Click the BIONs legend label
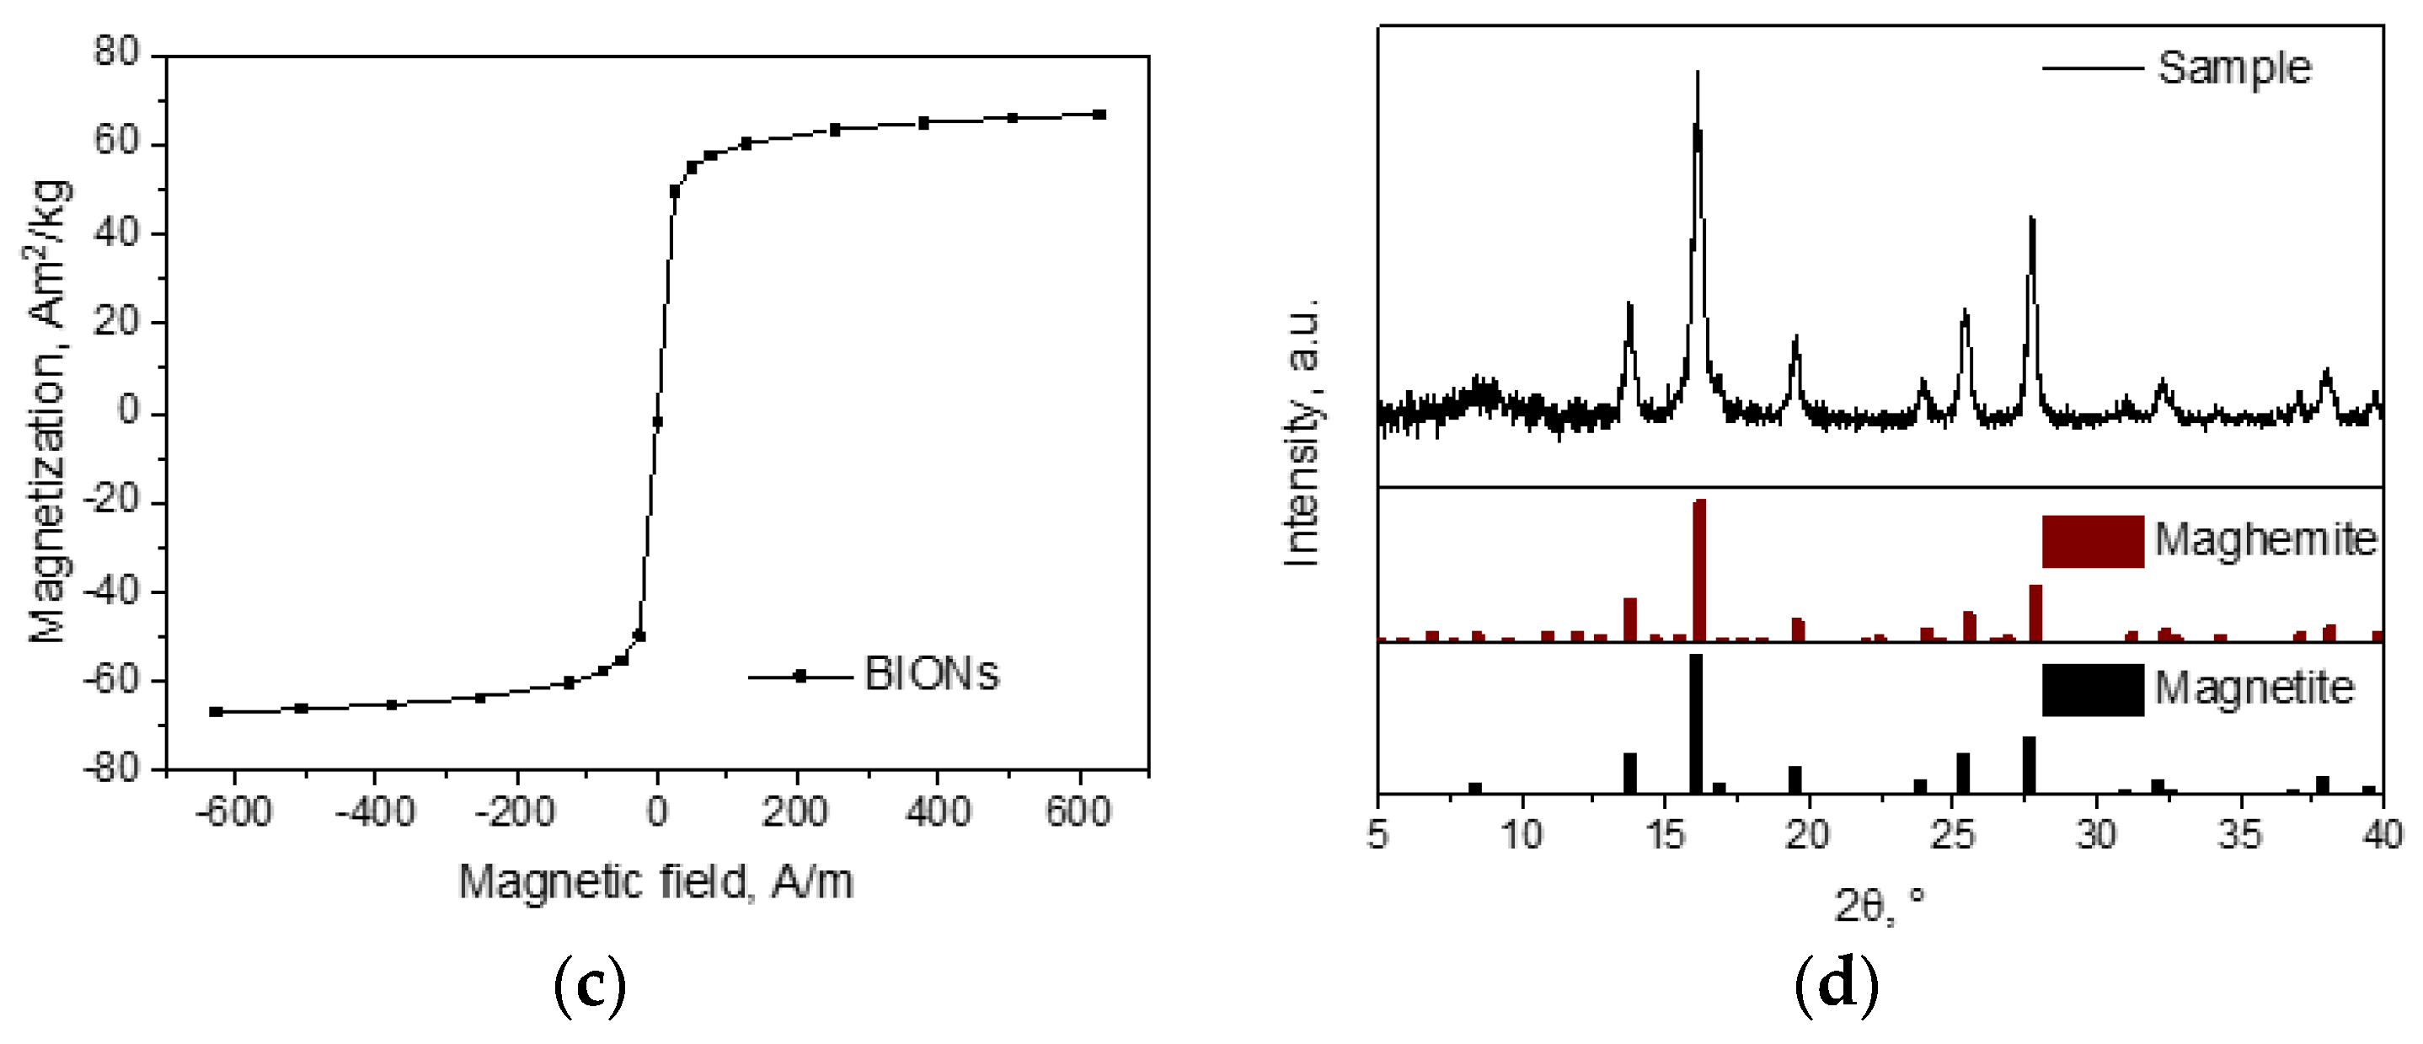tap(930, 674)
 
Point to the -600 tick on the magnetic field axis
tap(234, 811)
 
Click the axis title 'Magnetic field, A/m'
tap(655, 882)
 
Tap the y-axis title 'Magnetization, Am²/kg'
tap(49, 412)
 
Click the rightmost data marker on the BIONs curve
tap(1099, 115)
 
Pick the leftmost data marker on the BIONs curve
tap(217, 712)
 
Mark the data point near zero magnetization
tap(656, 422)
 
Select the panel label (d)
tap(1836, 986)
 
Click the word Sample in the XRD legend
tap(2234, 67)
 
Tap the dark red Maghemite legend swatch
tap(2092, 541)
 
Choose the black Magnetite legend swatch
tap(2092, 689)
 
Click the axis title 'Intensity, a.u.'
tap(1302, 432)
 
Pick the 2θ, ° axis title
tap(1879, 907)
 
